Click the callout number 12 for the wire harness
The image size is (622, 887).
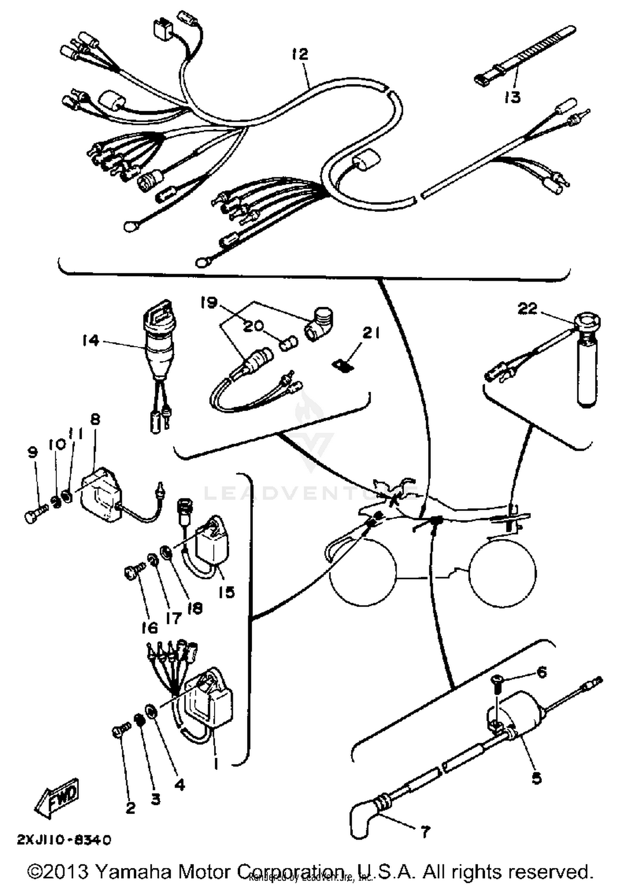[x=300, y=54]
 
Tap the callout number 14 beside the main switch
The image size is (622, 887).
[x=90, y=340]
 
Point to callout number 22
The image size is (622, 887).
[x=527, y=308]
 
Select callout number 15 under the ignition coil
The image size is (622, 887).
[x=226, y=592]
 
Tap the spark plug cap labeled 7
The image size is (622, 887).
[x=361, y=818]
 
